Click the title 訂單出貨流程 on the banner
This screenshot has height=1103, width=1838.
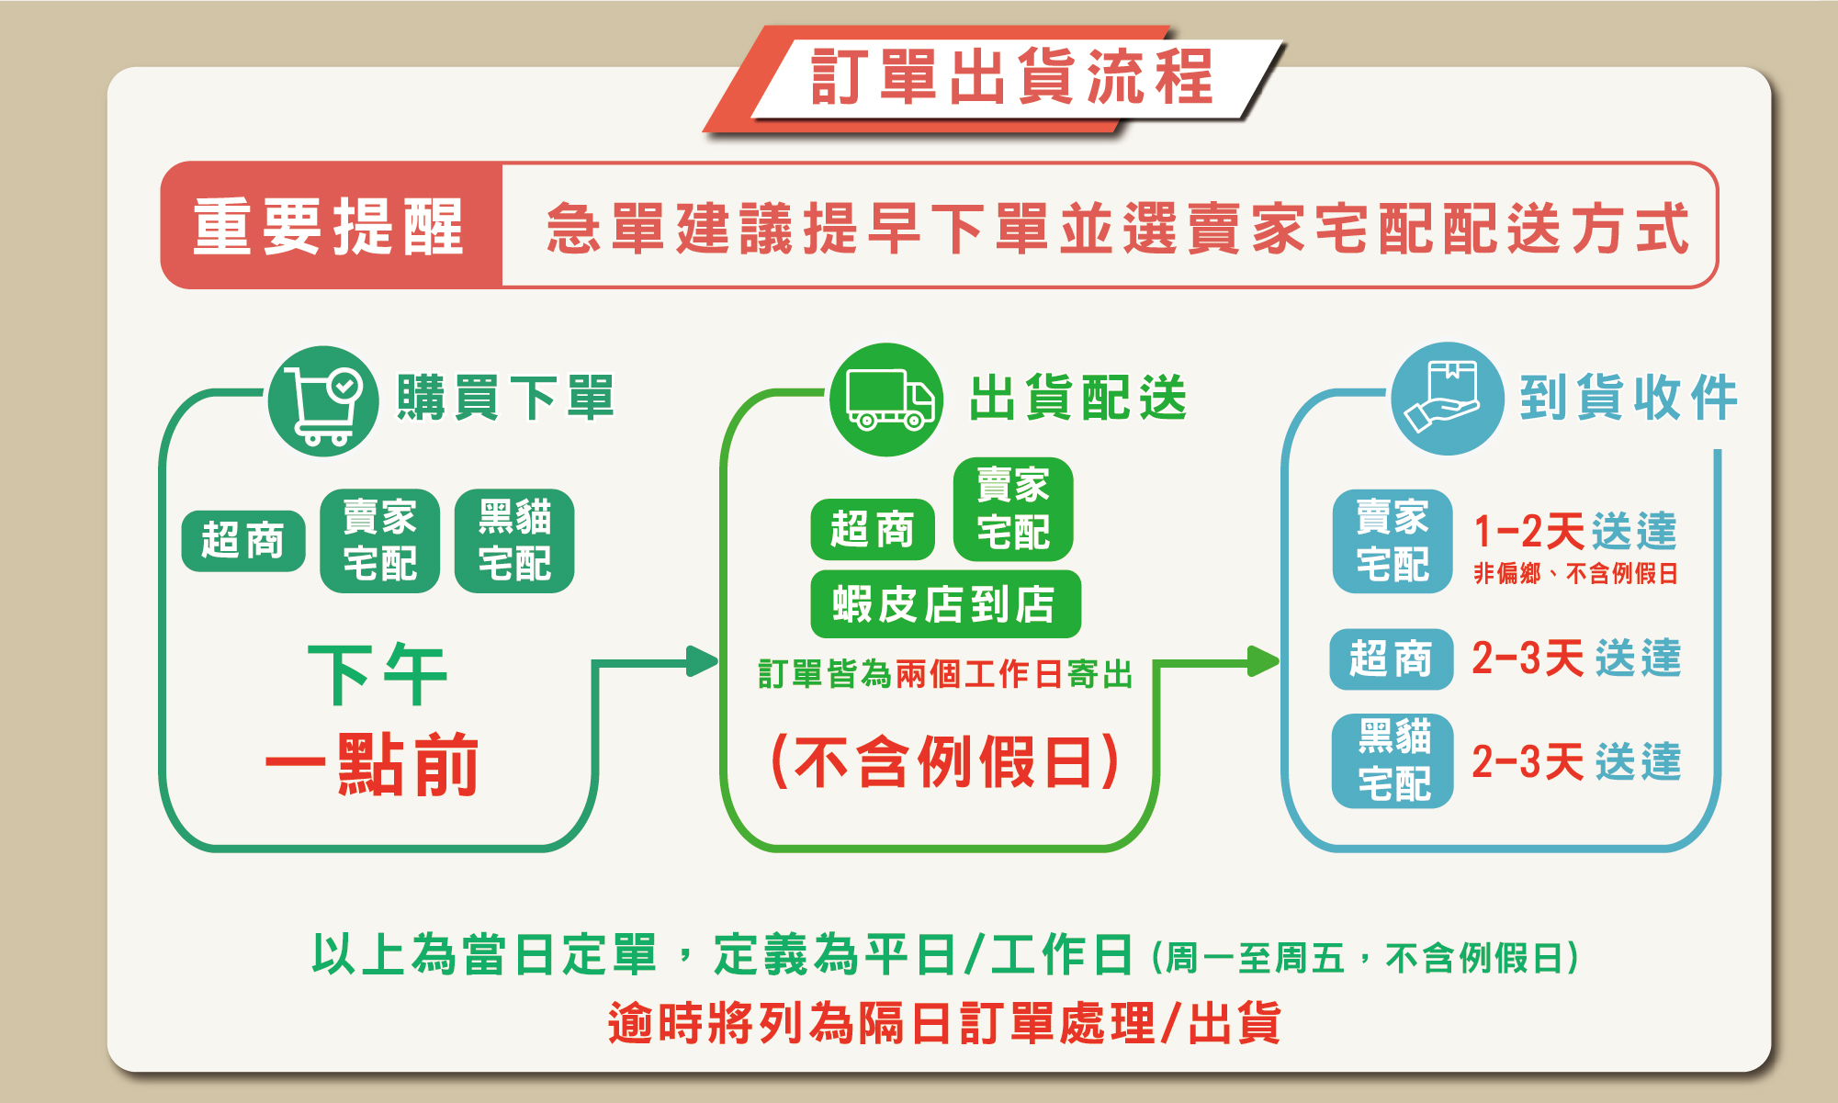1011,77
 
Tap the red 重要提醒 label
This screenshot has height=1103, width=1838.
329,227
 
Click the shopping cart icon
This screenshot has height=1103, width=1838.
322,400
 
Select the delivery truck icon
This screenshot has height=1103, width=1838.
886,400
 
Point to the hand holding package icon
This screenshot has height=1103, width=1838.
1447,399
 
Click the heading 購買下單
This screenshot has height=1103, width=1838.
505,399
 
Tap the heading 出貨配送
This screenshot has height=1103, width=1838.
1078,399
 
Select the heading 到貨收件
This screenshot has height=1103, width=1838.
1629,399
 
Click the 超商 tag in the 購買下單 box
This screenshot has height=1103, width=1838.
243,541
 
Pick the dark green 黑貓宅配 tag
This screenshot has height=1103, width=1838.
514,541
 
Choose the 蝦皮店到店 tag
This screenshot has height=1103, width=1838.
945,604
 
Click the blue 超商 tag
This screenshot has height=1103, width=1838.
1391,659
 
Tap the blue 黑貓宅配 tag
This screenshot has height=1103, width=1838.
1393,760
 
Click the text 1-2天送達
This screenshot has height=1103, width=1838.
1575,532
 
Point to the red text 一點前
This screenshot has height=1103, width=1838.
372,764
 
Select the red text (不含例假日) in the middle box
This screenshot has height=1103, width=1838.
945,761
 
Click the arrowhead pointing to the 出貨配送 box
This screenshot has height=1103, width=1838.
704,661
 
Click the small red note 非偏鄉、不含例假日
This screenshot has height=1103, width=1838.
1575,574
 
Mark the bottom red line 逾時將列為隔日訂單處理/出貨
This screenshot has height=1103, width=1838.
943,1023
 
